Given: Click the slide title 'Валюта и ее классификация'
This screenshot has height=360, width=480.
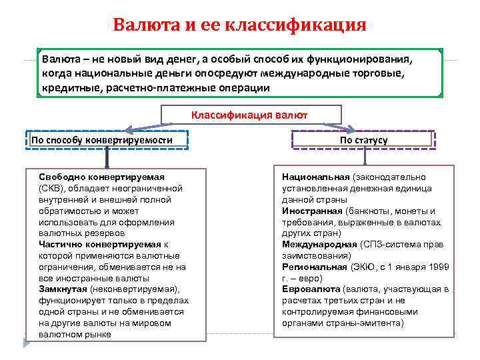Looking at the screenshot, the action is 239,25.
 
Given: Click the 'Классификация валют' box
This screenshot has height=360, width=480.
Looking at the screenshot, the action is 249,115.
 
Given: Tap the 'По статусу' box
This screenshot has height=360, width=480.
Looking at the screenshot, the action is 363,140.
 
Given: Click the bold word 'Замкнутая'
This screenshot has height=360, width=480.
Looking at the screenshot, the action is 63,289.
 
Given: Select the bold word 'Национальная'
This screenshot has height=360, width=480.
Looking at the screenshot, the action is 315,177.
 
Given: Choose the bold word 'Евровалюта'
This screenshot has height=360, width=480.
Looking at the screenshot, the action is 311,289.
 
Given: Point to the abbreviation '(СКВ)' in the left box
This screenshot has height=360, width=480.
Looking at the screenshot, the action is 53,188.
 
